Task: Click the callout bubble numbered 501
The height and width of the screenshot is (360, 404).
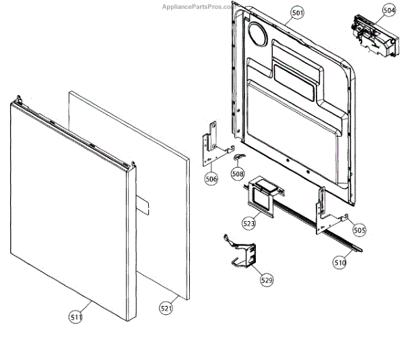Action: [x=298, y=12]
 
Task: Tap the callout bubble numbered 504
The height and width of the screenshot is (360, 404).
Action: [x=389, y=10]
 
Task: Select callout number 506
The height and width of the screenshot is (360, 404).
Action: [x=211, y=179]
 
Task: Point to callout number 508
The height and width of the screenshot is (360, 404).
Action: [x=237, y=174]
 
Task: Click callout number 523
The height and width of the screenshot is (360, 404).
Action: [x=249, y=222]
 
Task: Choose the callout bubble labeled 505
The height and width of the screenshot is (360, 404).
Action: [x=360, y=230]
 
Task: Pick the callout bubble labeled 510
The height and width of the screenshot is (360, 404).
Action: [x=339, y=262]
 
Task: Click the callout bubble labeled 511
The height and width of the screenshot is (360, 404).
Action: [x=76, y=314]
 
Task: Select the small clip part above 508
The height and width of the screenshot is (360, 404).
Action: [x=238, y=157]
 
